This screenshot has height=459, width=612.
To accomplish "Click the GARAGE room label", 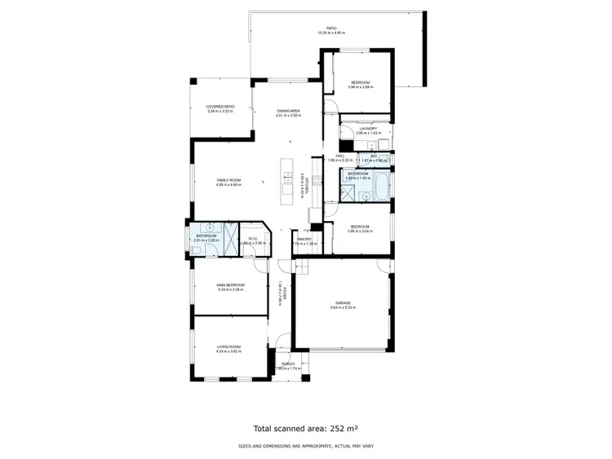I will [341, 302].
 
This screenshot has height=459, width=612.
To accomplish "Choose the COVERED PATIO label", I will [220, 106].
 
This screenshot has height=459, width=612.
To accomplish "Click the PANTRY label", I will [304, 239].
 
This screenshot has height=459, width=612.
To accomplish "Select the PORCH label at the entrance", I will [288, 364].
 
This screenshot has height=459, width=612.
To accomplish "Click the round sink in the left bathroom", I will [210, 228].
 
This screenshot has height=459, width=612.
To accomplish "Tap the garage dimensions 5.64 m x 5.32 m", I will [341, 307].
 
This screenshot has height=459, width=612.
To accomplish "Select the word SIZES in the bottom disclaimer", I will [244, 446].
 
